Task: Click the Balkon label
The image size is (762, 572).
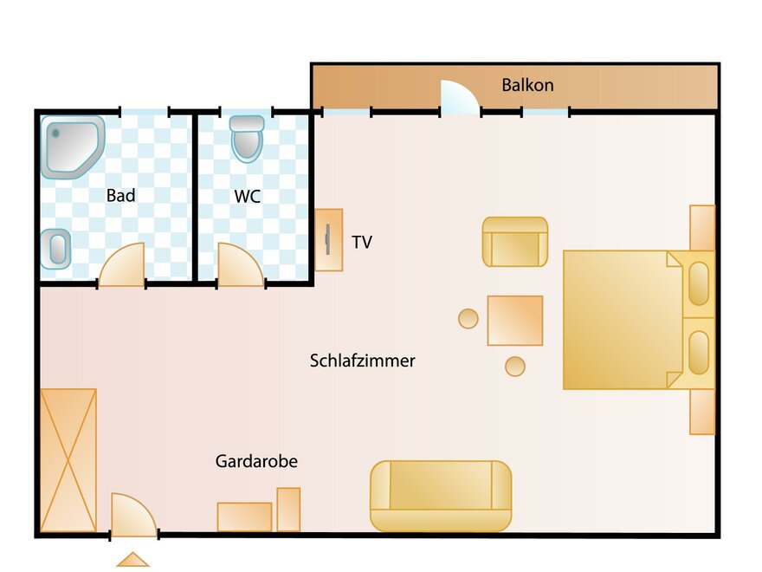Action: coord(527,85)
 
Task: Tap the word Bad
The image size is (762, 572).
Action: coord(120,196)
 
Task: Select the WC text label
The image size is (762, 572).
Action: coord(248,197)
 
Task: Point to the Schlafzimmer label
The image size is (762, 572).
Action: coord(363,361)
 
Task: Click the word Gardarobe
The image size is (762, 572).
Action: coord(256,461)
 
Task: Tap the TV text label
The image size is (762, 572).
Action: coord(362,242)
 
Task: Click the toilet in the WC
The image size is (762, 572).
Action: coord(247,138)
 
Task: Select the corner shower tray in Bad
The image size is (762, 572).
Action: coord(73,146)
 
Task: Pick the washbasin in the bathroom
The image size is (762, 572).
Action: coord(56,249)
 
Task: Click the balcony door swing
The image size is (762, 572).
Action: coord(460,97)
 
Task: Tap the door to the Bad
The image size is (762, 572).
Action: coord(122,265)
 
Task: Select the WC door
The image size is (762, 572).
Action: coord(241,265)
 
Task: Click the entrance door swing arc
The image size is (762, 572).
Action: coord(134,515)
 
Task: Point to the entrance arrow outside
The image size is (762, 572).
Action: coord(132,561)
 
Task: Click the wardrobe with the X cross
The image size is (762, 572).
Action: coord(68,460)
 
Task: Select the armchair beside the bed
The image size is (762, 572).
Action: coord(515,242)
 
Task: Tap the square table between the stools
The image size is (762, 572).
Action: coord(515,321)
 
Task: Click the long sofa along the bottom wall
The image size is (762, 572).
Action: coord(441,496)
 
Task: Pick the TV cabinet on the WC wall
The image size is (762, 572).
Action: coord(329,240)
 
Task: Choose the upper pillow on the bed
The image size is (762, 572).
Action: coord(699,283)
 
